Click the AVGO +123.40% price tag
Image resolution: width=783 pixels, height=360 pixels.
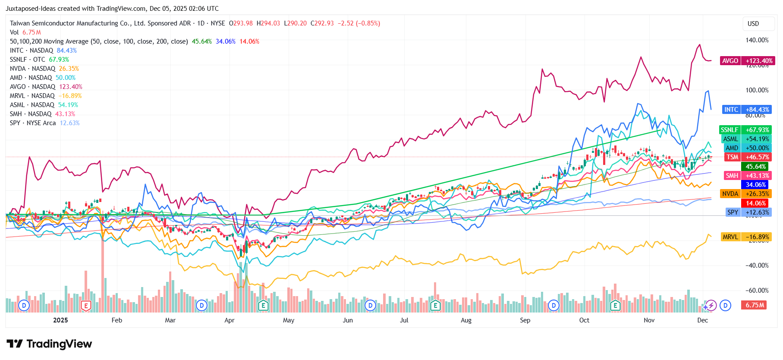747,61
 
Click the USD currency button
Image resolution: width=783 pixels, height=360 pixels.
753,24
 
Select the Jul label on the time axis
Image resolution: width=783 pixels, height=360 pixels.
404,320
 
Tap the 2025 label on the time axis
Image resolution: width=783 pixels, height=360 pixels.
60,320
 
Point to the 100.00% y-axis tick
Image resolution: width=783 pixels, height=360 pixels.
757,90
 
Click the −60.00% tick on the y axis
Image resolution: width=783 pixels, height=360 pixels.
757,291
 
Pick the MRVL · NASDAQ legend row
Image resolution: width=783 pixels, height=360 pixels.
45,96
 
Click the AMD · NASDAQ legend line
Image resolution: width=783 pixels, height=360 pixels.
42,78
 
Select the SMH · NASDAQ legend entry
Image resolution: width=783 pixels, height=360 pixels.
42,114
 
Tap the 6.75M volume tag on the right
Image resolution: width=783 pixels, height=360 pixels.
755,305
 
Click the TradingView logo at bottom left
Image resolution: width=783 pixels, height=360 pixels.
49,344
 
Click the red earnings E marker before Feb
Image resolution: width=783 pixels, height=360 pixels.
86,306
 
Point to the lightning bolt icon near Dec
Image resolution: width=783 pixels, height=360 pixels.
711,306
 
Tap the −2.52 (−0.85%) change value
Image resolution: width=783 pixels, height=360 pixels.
358,23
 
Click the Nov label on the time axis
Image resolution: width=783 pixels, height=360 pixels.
649,320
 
